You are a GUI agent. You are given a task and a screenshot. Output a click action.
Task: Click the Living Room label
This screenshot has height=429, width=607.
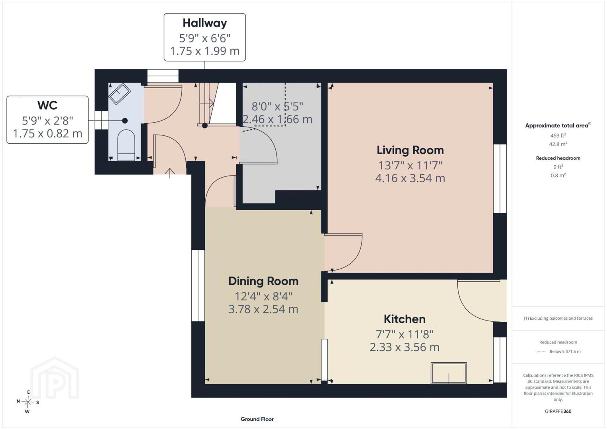[410, 150]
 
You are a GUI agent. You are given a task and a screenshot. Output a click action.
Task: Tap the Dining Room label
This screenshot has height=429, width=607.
[263, 281]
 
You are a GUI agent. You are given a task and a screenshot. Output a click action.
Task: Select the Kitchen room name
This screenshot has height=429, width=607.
[405, 319]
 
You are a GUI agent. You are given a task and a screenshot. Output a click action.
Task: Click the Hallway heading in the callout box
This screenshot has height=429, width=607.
[204, 23]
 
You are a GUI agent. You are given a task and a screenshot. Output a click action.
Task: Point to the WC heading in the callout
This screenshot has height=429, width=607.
[47, 105]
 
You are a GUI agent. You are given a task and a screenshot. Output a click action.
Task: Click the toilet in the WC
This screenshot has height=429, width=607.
[126, 145]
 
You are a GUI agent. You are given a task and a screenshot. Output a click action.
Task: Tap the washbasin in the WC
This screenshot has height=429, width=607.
[119, 93]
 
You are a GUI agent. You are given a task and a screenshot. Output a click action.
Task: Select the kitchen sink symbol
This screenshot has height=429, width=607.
[449, 373]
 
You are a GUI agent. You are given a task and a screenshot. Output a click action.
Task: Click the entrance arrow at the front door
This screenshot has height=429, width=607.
[169, 173]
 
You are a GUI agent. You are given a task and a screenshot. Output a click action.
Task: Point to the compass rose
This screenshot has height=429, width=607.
[27, 402]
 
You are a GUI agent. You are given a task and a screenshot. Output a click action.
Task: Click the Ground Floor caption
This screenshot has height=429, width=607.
[257, 419]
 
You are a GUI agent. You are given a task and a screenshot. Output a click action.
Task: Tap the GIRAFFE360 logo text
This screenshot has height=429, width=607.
[558, 412]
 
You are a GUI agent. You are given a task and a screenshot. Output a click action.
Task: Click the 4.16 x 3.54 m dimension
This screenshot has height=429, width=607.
[410, 178]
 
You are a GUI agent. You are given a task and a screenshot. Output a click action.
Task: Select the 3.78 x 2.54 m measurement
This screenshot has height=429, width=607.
[263, 309]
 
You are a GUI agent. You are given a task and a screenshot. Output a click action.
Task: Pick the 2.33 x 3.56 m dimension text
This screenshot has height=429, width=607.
[405, 347]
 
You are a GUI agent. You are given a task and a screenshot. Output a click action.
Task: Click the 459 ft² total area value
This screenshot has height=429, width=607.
[558, 135]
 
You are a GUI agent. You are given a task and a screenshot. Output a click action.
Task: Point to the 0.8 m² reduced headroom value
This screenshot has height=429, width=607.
[558, 176]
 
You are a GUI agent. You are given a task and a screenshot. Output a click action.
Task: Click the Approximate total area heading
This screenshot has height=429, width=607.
[558, 125]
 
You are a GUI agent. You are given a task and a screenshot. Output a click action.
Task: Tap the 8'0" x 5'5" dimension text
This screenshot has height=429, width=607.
[277, 106]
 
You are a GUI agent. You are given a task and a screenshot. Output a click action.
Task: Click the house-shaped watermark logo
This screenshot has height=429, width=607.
[54, 378]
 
